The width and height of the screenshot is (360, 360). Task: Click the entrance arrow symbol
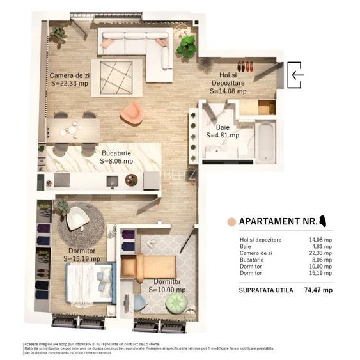296,74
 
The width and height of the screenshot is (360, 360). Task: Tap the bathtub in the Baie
265,141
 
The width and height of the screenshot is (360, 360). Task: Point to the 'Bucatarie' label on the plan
117,153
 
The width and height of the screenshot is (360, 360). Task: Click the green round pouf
177,302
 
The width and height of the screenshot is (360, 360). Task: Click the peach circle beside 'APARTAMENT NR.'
231,222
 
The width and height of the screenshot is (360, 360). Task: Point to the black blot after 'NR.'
324,221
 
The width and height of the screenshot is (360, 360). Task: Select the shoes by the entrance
246,65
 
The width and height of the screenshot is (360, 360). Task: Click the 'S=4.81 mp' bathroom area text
223,136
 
